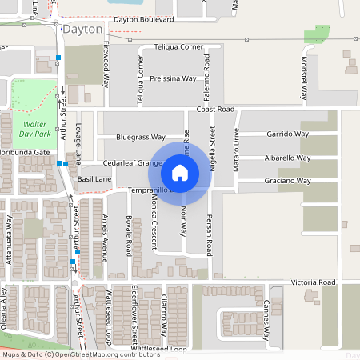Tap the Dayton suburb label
pyautogui.click(x=83, y=29)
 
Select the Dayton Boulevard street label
pyautogui.click(x=143, y=18)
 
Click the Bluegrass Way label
pyautogui.click(x=140, y=137)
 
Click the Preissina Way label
pyautogui.click(x=173, y=78)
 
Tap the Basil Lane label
pyautogui.click(x=94, y=179)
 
